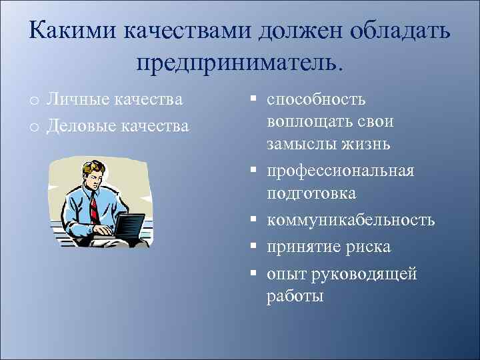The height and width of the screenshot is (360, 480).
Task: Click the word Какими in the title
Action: click(67, 31)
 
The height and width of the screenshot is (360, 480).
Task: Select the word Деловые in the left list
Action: click(79, 125)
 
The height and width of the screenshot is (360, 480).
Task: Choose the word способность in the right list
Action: click(316, 100)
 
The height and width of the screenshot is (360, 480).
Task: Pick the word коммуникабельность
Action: click(351, 219)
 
